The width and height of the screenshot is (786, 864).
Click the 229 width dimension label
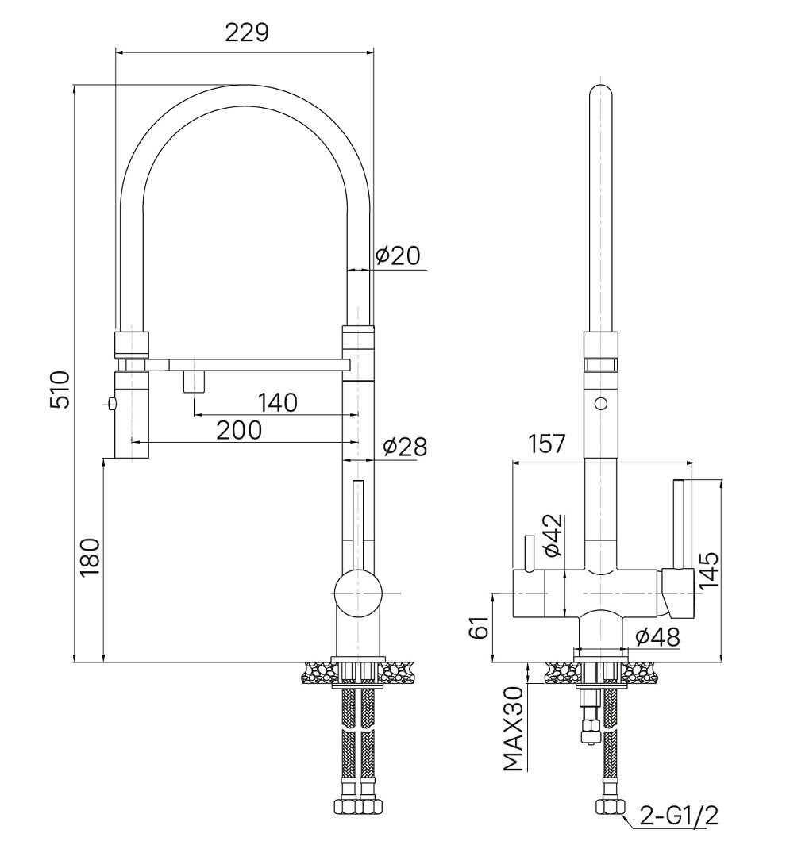(x=247, y=33)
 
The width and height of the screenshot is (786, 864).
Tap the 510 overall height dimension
(x=60, y=390)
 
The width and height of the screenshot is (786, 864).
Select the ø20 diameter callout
(x=399, y=255)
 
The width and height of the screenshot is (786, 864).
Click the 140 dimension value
(x=278, y=402)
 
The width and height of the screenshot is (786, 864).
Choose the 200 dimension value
(x=239, y=430)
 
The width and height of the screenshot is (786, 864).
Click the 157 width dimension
(x=547, y=444)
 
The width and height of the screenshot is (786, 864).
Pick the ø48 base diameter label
(x=658, y=638)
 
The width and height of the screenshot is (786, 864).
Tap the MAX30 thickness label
(x=514, y=729)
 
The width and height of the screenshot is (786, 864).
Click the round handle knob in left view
(x=358, y=593)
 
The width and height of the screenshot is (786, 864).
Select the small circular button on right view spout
(x=601, y=404)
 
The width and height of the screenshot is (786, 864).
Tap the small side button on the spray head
(x=111, y=405)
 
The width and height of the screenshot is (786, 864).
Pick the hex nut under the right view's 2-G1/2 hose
(x=611, y=807)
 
